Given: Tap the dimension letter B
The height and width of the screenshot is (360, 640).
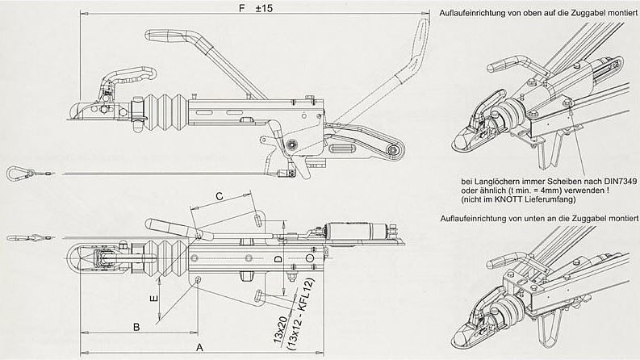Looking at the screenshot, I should click(136, 327).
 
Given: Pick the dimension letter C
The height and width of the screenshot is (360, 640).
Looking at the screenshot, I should click(219, 196).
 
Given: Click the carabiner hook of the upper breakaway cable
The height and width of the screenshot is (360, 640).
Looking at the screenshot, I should click(15, 172).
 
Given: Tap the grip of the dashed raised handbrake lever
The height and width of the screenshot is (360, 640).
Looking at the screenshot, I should click(420, 36).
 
